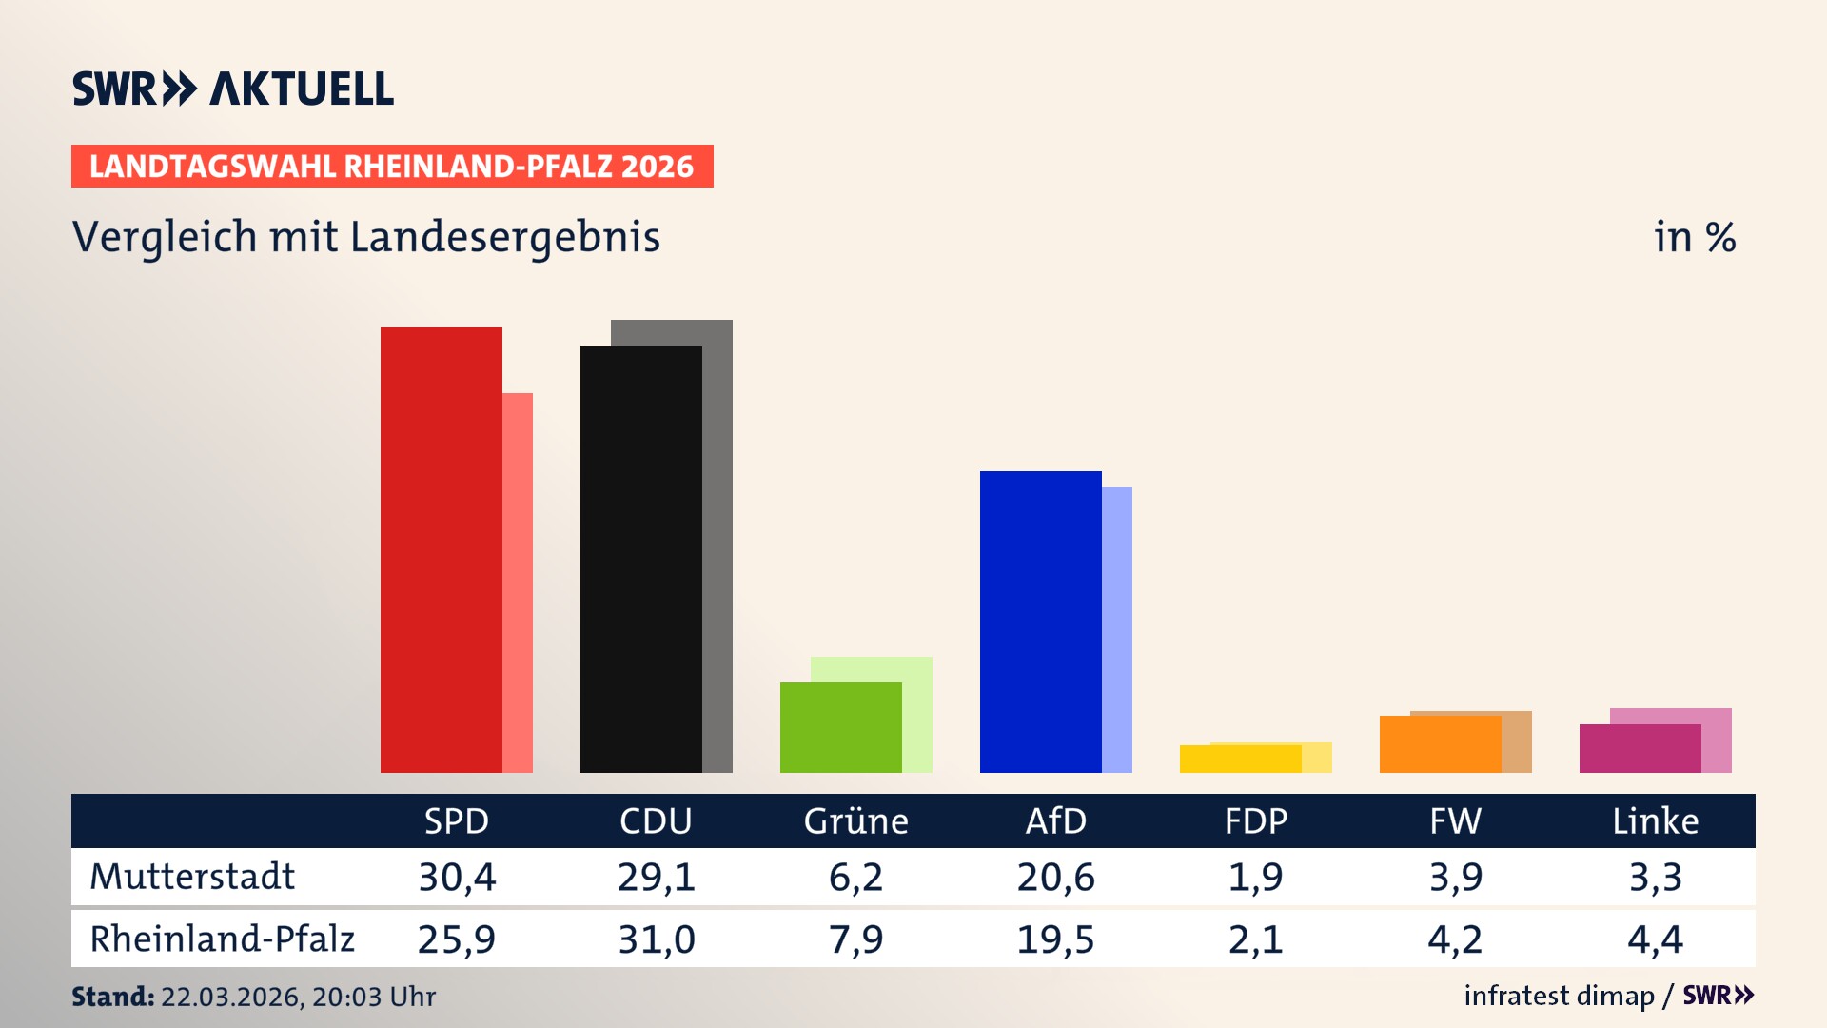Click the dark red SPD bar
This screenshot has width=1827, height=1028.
pos(441,550)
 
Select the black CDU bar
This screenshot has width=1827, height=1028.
pos(640,560)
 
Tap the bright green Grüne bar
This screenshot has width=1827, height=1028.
pos(840,727)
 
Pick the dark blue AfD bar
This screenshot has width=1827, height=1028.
pos(1040,622)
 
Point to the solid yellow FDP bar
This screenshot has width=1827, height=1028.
pos(1240,759)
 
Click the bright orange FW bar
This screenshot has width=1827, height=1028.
pos(1440,744)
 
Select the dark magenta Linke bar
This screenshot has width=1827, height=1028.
pos(1640,748)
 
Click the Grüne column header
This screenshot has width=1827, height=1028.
pos(855,820)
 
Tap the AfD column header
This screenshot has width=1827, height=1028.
pos(1055,820)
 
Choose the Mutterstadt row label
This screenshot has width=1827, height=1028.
pos(192,877)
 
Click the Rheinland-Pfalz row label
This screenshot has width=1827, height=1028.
pos(222,939)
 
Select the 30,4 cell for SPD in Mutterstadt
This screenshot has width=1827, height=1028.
pos(457,877)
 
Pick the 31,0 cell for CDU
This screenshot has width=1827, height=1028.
pos(657,939)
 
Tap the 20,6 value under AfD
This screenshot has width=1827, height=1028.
pos(1055,877)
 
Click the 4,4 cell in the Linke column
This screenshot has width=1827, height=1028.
pos(1655,939)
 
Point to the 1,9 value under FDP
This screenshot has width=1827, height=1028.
pos(1255,877)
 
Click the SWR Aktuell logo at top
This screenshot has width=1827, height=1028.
pos(232,89)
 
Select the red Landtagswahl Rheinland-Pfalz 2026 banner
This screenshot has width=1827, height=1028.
pos(392,167)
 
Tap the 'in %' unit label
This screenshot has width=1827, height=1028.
pos(1694,237)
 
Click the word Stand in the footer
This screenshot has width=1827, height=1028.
pos(111,997)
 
